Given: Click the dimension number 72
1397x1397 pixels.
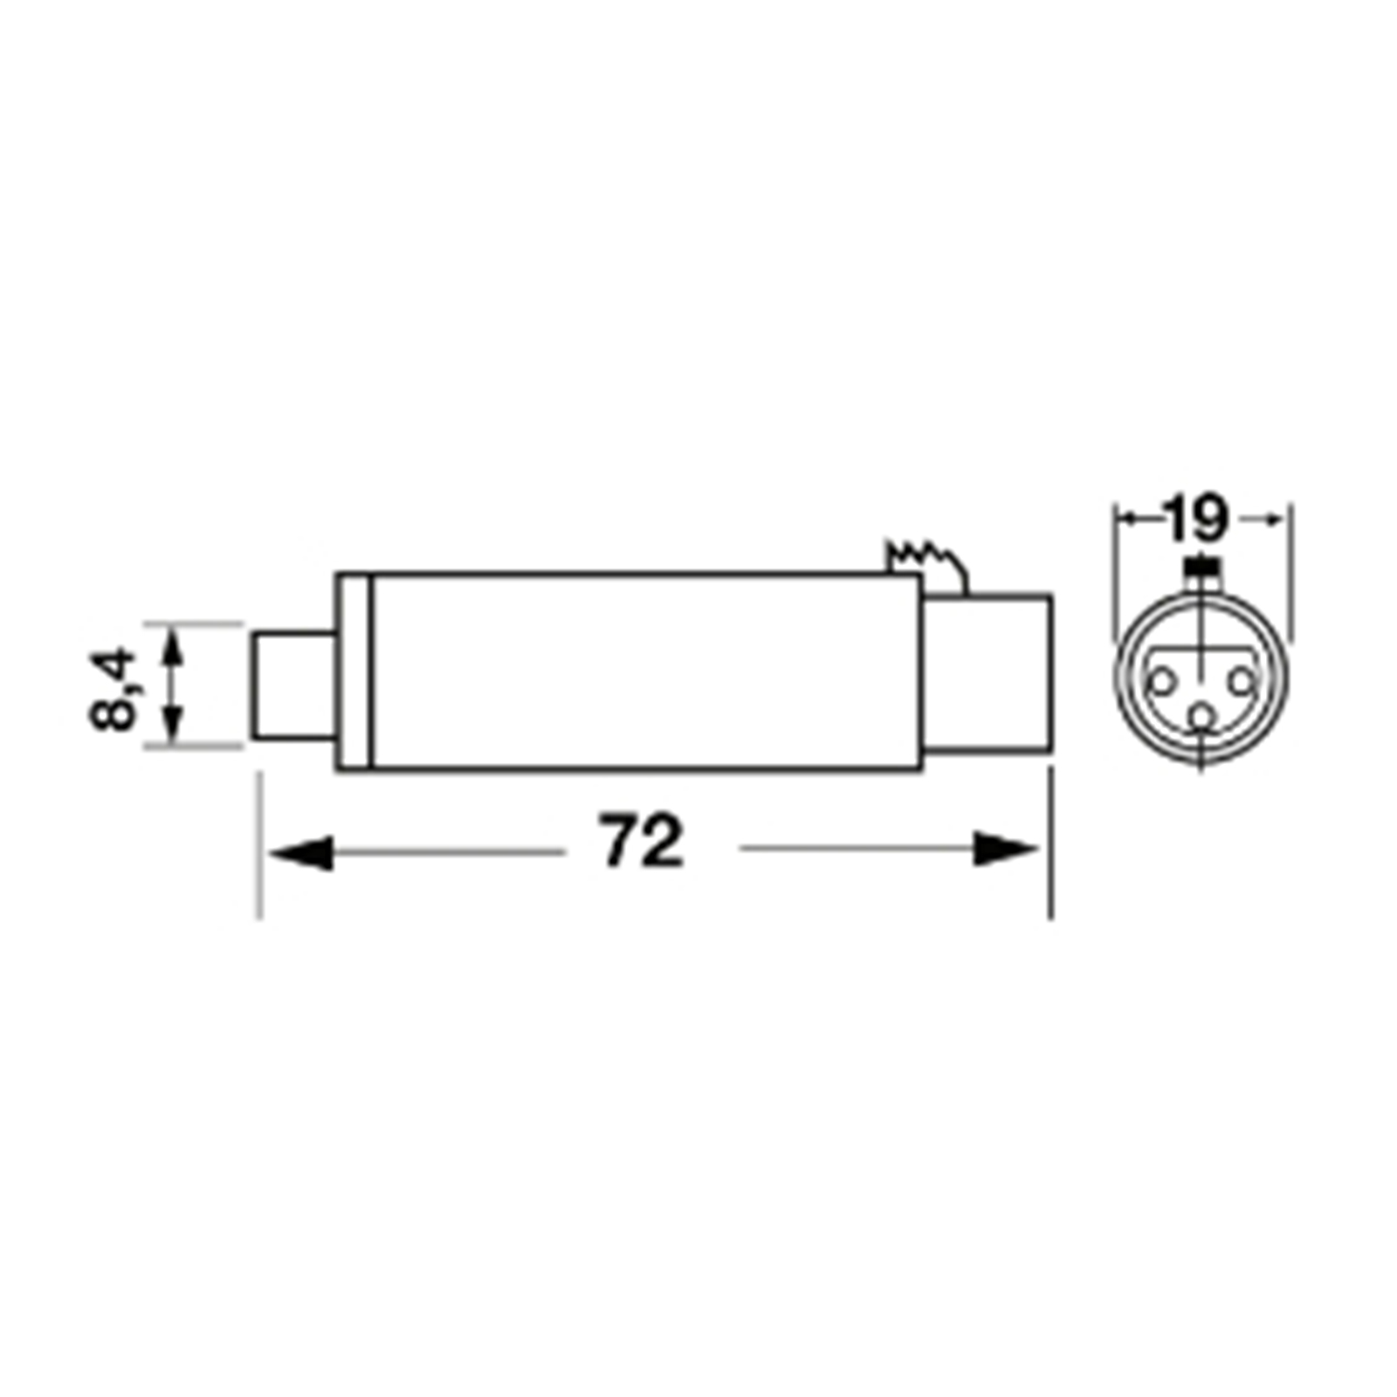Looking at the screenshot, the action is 641,841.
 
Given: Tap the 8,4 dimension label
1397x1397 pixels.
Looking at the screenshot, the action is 114,689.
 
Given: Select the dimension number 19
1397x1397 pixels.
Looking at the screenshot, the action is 1197,519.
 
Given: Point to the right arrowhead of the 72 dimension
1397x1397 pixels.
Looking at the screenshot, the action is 1007,849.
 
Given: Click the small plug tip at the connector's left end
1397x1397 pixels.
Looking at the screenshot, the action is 294,687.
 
